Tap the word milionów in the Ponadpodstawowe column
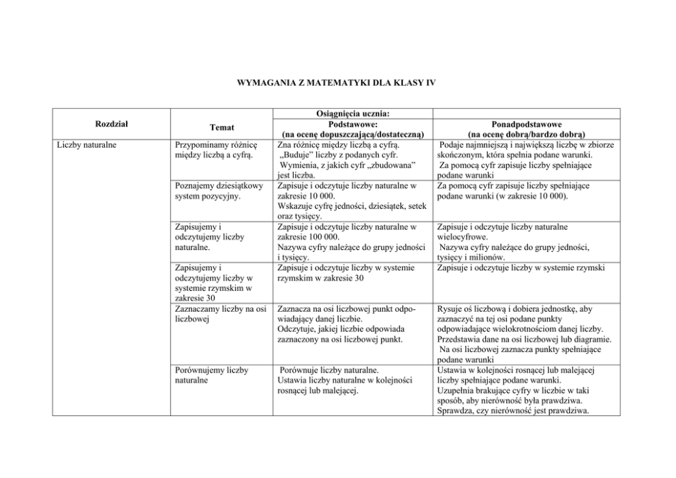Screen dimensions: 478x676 coord(487,257)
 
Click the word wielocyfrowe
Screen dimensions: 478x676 coord(462,237)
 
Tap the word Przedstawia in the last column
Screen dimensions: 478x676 coord(463,339)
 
